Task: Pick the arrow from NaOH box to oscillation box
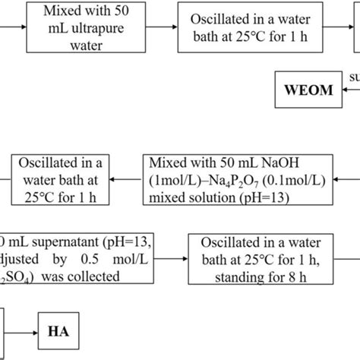tap(126, 179)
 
